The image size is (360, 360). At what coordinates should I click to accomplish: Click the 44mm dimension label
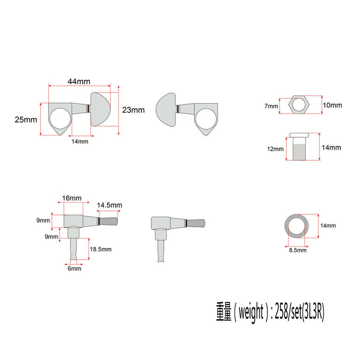pos(79,81)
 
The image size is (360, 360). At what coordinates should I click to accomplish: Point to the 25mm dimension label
pos(25,120)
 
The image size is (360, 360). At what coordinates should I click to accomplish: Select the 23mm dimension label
pos(133,110)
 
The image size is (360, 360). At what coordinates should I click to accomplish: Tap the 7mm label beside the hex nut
pos(271,106)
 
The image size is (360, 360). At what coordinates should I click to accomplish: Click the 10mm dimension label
pos(333,105)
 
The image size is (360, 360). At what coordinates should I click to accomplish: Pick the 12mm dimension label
pos(275,149)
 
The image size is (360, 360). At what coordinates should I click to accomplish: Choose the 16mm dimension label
pos(72,198)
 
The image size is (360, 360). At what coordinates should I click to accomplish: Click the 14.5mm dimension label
pos(109,205)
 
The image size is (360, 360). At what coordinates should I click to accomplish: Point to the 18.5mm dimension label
pos(100,248)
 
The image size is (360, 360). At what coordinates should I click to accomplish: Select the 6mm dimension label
pos(75,269)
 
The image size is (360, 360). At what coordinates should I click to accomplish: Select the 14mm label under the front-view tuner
pos(80,141)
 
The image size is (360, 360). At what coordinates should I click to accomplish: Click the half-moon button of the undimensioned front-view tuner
pos(166,109)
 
